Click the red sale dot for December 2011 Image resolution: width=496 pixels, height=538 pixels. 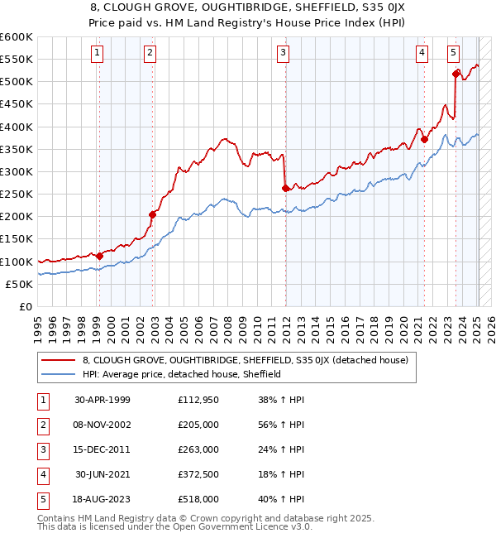(286, 188)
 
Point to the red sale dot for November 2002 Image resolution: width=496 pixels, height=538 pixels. (153, 214)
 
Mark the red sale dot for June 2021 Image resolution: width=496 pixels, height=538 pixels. (424, 139)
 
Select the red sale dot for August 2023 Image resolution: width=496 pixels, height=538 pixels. (455, 74)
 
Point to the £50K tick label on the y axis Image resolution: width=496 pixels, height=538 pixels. (19, 284)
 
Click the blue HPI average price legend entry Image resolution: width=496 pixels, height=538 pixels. (182, 374)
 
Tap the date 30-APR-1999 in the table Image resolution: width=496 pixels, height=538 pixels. (103, 400)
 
